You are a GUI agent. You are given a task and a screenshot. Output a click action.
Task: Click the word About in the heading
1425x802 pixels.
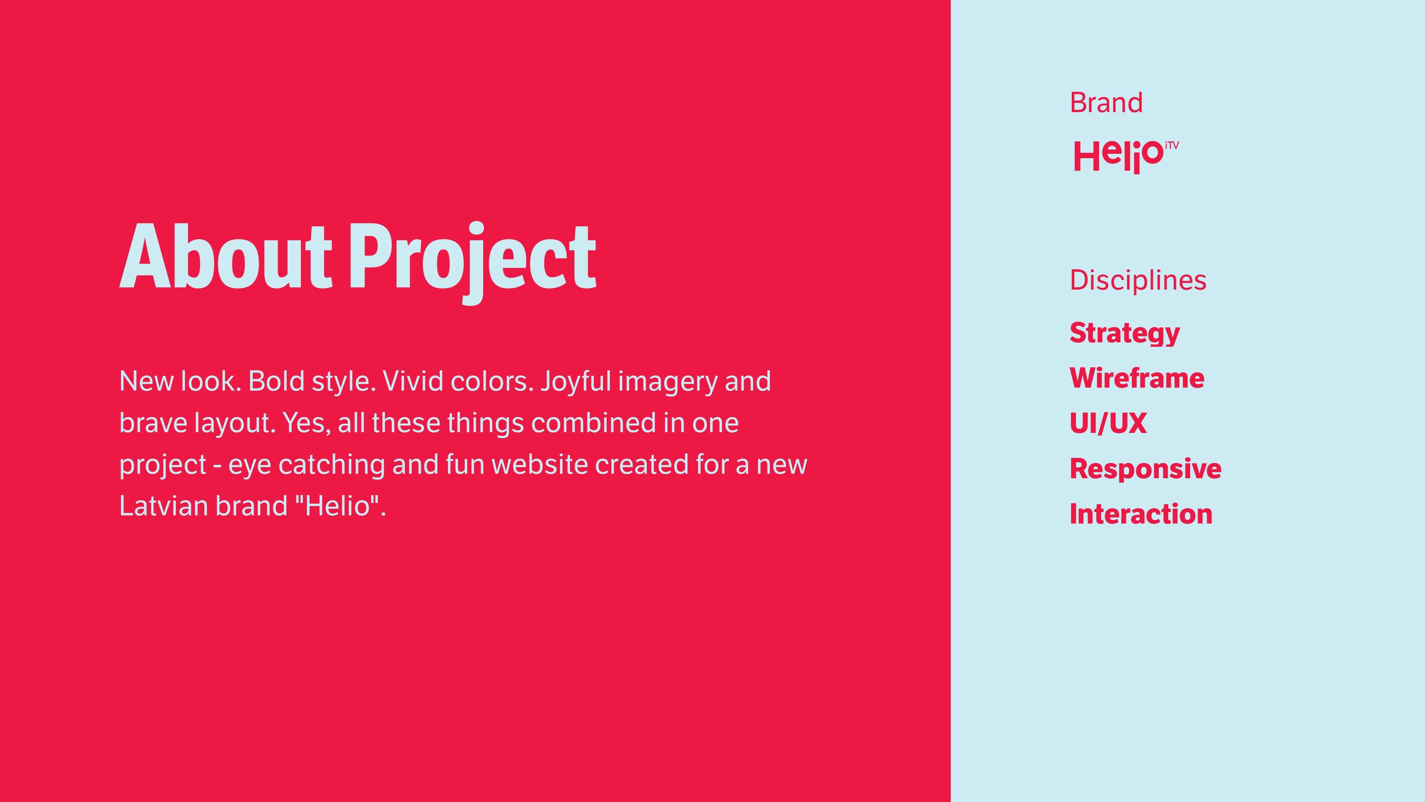point(226,256)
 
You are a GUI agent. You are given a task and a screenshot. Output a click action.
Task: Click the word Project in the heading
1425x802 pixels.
point(473,263)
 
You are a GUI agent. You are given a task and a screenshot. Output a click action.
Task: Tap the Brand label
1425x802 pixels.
point(1106,103)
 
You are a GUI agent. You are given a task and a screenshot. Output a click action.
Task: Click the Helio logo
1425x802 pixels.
point(1126,157)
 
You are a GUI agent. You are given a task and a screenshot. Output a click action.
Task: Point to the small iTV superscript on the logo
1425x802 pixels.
point(1172,146)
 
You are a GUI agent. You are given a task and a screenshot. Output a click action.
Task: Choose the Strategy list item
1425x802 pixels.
point(1125,333)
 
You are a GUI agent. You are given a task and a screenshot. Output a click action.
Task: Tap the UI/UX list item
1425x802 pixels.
point(1108,423)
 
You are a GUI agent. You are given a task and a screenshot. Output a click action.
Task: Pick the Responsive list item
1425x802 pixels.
point(1146,469)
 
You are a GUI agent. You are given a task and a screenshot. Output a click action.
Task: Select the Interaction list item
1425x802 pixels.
point(1141,514)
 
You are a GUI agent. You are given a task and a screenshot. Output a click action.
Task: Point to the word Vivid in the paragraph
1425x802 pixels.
point(413,381)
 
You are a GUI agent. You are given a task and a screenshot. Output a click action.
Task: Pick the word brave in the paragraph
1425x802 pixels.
point(153,423)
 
